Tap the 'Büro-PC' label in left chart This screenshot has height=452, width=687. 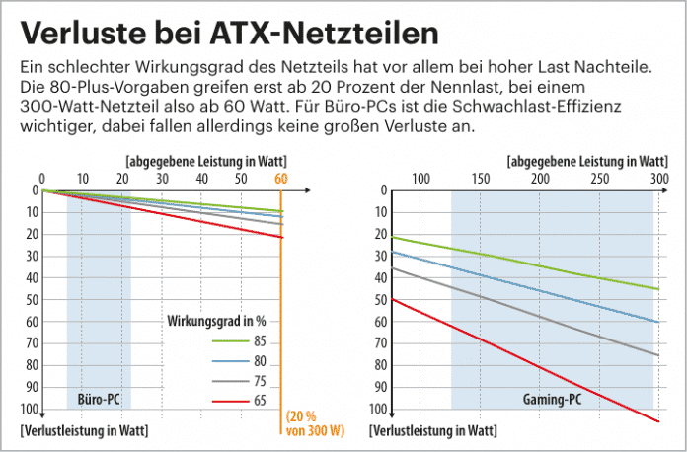(x=99, y=400)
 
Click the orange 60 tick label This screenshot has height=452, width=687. (x=281, y=179)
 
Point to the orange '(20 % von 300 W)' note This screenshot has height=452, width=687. (x=315, y=422)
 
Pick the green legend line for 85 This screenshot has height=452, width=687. (x=224, y=340)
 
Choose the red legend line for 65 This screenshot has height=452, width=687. (x=224, y=401)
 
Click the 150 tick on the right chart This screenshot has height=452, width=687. (x=480, y=179)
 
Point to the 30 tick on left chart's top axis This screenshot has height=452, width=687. (x=162, y=179)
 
